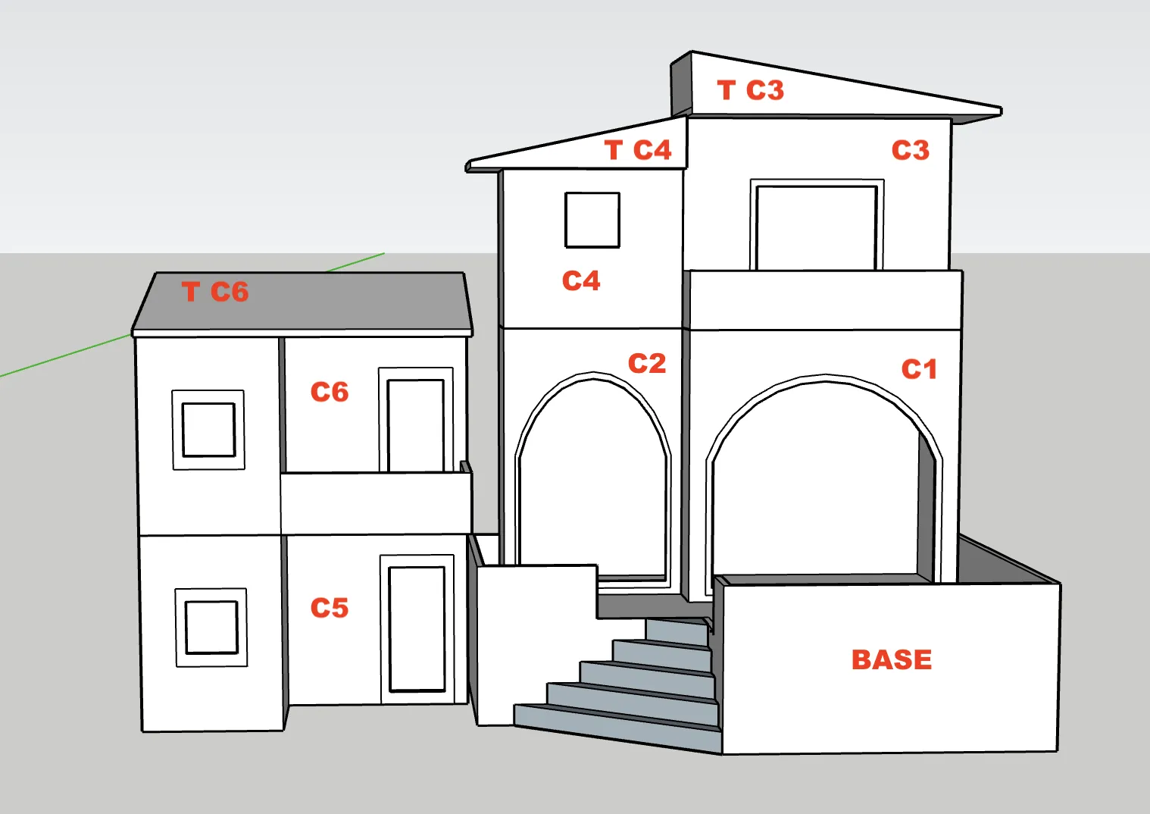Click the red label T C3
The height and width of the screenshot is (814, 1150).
[x=750, y=90]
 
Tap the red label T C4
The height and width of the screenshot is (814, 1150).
[x=638, y=150]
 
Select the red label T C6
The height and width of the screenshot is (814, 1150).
[x=215, y=292]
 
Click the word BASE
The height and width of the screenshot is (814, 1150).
[x=892, y=659]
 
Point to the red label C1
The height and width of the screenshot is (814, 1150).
[x=919, y=369]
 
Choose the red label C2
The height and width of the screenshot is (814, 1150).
[x=647, y=364]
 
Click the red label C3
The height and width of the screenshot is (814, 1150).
[x=910, y=150]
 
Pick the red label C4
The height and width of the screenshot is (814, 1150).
[x=581, y=280]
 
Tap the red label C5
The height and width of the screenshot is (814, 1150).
[x=330, y=608]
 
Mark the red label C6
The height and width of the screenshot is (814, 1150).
[x=330, y=392]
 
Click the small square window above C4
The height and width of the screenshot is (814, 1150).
[x=592, y=220]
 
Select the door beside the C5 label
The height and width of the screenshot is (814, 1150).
[x=417, y=629]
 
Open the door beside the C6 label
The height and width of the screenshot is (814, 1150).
[x=416, y=424]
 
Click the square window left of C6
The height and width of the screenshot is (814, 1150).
[x=208, y=430]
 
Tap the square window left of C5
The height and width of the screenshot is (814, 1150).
[x=211, y=627]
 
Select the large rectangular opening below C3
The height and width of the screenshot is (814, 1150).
[x=817, y=227]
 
